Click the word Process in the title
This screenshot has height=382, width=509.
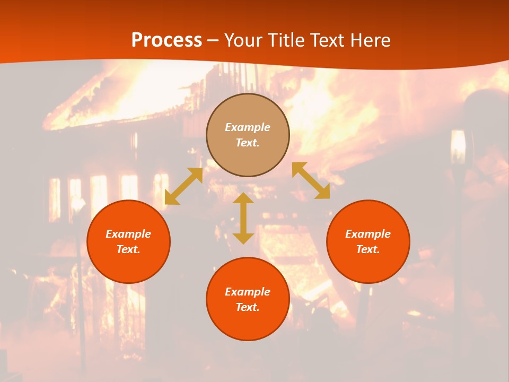point(166,40)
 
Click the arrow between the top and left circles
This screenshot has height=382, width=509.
point(184,186)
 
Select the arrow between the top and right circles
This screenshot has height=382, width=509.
point(311,180)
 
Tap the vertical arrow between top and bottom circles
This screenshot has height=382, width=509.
point(243,218)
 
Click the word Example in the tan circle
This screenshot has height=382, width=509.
point(248,127)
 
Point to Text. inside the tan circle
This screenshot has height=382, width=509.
point(248,143)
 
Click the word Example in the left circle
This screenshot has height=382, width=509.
point(128,234)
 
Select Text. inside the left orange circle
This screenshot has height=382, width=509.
point(128,249)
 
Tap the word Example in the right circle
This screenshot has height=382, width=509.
point(368,234)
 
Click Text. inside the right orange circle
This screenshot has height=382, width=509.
point(368,249)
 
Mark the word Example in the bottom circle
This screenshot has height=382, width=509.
point(248,292)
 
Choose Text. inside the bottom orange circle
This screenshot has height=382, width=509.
point(248,307)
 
